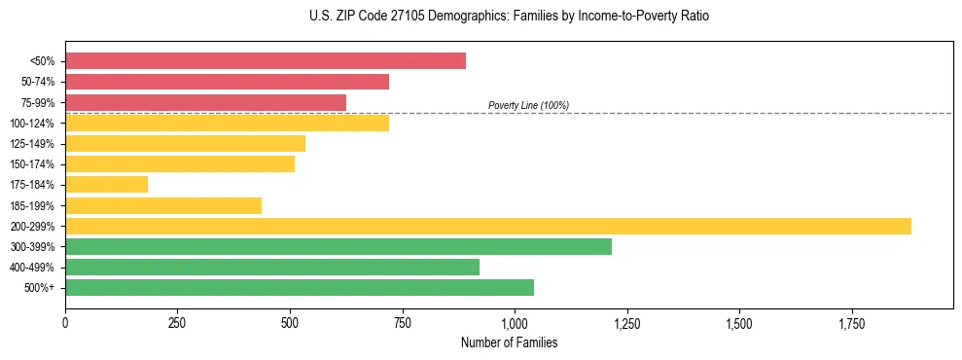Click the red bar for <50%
pyautogui.click(x=266, y=61)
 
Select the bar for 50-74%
pyautogui.click(x=227, y=82)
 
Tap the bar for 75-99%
pyautogui.click(x=205, y=102)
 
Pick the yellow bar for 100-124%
pyautogui.click(x=227, y=123)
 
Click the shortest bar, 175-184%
pyautogui.click(x=106, y=185)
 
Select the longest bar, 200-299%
pyautogui.click(x=488, y=226)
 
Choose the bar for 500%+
pyautogui.click(x=300, y=288)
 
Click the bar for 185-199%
pyautogui.click(x=163, y=205)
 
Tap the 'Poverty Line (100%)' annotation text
pyautogui.click(x=528, y=105)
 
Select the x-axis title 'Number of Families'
pyautogui.click(x=510, y=342)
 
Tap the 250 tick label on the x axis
pyautogui.click(x=177, y=322)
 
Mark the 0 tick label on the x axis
pyautogui.click(x=65, y=322)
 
